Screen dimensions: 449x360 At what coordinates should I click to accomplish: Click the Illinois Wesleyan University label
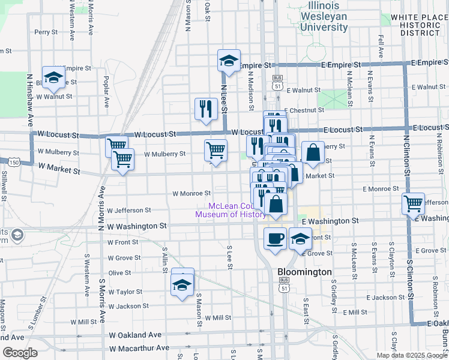[324, 16]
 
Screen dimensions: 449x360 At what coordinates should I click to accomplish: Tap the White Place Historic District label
[416, 25]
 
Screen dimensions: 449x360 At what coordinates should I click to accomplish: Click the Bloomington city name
[304, 272]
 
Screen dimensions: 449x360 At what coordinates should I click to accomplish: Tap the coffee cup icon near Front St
[276, 239]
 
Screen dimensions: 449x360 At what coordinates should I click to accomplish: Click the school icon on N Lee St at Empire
[228, 61]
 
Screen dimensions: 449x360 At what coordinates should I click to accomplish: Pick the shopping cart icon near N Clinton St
[413, 203]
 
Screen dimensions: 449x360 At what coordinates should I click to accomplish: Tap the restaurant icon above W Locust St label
[206, 109]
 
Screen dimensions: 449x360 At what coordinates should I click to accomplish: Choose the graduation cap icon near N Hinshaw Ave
[53, 77]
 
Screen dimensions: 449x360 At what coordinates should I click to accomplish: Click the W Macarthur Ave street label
[139, 348]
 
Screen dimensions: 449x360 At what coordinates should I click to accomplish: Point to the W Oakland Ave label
[135, 334]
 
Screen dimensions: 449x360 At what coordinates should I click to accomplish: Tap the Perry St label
[46, 32]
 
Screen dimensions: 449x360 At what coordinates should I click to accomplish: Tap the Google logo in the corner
[19, 353]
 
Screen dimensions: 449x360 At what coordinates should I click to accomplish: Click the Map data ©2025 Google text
[411, 355]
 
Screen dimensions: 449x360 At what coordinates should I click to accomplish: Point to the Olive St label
[119, 272]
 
